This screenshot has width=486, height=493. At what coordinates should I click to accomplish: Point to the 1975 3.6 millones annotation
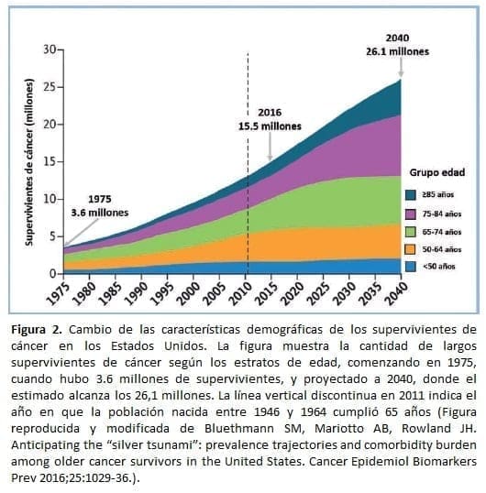pyautogui.click(x=100, y=205)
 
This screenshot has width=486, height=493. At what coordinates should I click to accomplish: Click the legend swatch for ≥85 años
pyautogui.click(x=413, y=194)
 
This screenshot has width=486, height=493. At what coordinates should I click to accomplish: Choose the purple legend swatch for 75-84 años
pyautogui.click(x=413, y=213)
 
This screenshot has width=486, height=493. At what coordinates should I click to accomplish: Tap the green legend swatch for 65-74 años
pyautogui.click(x=413, y=231)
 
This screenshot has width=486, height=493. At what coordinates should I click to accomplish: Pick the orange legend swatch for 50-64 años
pyautogui.click(x=413, y=248)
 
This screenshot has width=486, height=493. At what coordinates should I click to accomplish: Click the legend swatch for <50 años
pyautogui.click(x=413, y=266)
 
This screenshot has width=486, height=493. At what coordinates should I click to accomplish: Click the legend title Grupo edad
pyautogui.click(x=436, y=172)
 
